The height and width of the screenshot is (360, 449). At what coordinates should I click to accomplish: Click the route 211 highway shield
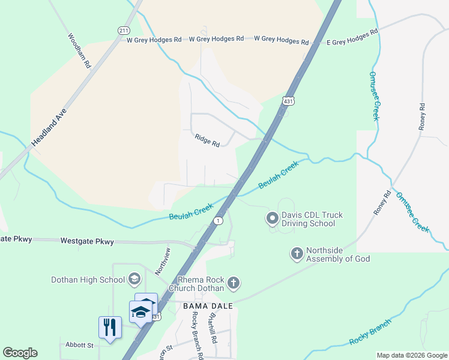tap(124, 30)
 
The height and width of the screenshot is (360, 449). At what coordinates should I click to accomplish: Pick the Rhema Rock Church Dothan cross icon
tap(234, 283)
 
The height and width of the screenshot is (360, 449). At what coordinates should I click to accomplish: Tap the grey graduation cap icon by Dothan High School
tap(134, 279)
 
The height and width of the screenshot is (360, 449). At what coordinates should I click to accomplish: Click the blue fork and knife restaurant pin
tap(110, 328)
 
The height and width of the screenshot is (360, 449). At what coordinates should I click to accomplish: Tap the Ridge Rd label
tap(207, 140)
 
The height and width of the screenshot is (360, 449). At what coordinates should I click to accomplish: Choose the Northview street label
tap(163, 261)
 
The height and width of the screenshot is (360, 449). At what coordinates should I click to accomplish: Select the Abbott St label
tap(80, 346)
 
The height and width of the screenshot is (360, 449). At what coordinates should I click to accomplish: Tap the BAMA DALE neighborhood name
tap(207, 306)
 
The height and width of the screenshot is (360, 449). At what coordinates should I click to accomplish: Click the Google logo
tap(20, 353)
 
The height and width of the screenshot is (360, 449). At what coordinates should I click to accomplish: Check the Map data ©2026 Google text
tap(411, 355)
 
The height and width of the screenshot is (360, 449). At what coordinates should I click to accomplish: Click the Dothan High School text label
tap(88, 280)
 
